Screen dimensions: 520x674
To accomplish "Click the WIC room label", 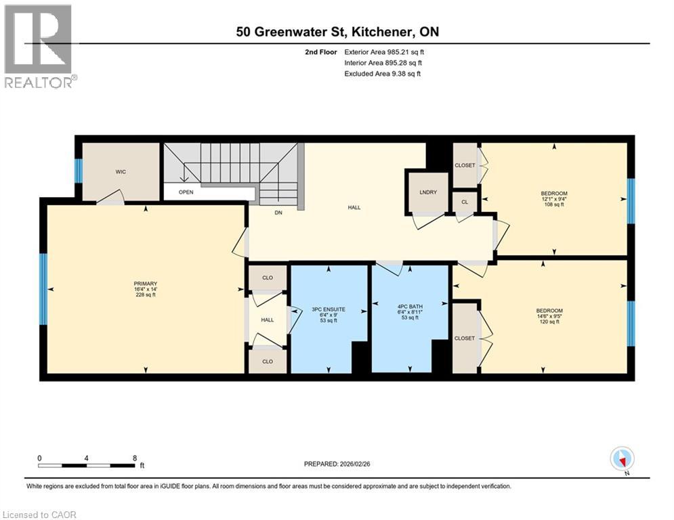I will (x=120, y=172).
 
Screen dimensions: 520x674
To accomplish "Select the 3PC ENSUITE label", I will (x=329, y=309).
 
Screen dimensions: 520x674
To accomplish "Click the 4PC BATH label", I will (x=410, y=307).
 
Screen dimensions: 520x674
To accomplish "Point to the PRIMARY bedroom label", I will (x=145, y=283).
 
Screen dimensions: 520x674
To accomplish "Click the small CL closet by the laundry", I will (x=465, y=202).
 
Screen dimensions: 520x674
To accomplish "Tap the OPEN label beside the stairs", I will (x=186, y=192).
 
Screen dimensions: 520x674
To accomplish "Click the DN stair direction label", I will (x=278, y=213).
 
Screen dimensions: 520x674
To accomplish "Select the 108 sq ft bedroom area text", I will (x=553, y=205).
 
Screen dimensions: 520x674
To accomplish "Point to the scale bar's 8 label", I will (x=134, y=458).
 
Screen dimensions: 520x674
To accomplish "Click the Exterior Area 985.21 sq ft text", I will (x=384, y=51).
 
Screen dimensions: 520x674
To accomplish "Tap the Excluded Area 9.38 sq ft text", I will (x=383, y=73).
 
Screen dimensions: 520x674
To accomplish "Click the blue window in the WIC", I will (x=79, y=171).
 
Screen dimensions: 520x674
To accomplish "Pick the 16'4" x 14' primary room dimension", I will (x=145, y=289).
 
